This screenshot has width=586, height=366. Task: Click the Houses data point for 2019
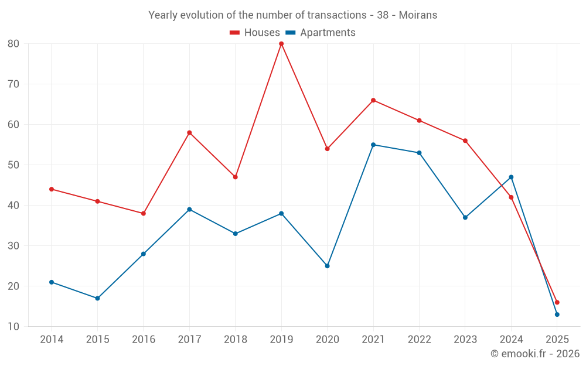[281, 44]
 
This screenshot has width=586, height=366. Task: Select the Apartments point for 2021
[373, 145]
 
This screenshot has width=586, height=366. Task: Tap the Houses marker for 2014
[52, 189]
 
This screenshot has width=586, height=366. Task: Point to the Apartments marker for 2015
[97, 298]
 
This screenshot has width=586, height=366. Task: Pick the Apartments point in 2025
[557, 314]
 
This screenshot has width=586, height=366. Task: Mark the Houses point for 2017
[189, 132]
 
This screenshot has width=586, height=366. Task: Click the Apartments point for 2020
[327, 266]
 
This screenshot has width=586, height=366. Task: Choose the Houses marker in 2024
[511, 197]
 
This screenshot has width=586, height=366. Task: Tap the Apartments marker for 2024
[511, 177]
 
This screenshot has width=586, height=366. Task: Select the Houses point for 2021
[373, 100]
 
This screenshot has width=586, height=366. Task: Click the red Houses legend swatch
[234, 33]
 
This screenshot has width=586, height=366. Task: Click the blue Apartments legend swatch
[290, 33]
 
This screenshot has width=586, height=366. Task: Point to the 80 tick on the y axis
[13, 44]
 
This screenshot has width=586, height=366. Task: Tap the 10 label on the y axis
[13, 327]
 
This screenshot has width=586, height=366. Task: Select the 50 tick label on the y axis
[13, 165]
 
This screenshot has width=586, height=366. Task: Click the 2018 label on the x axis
[235, 340]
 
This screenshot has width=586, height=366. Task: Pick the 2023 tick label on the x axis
[465, 340]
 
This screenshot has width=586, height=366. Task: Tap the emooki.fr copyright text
[535, 354]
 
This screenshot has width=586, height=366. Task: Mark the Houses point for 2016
[143, 213]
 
